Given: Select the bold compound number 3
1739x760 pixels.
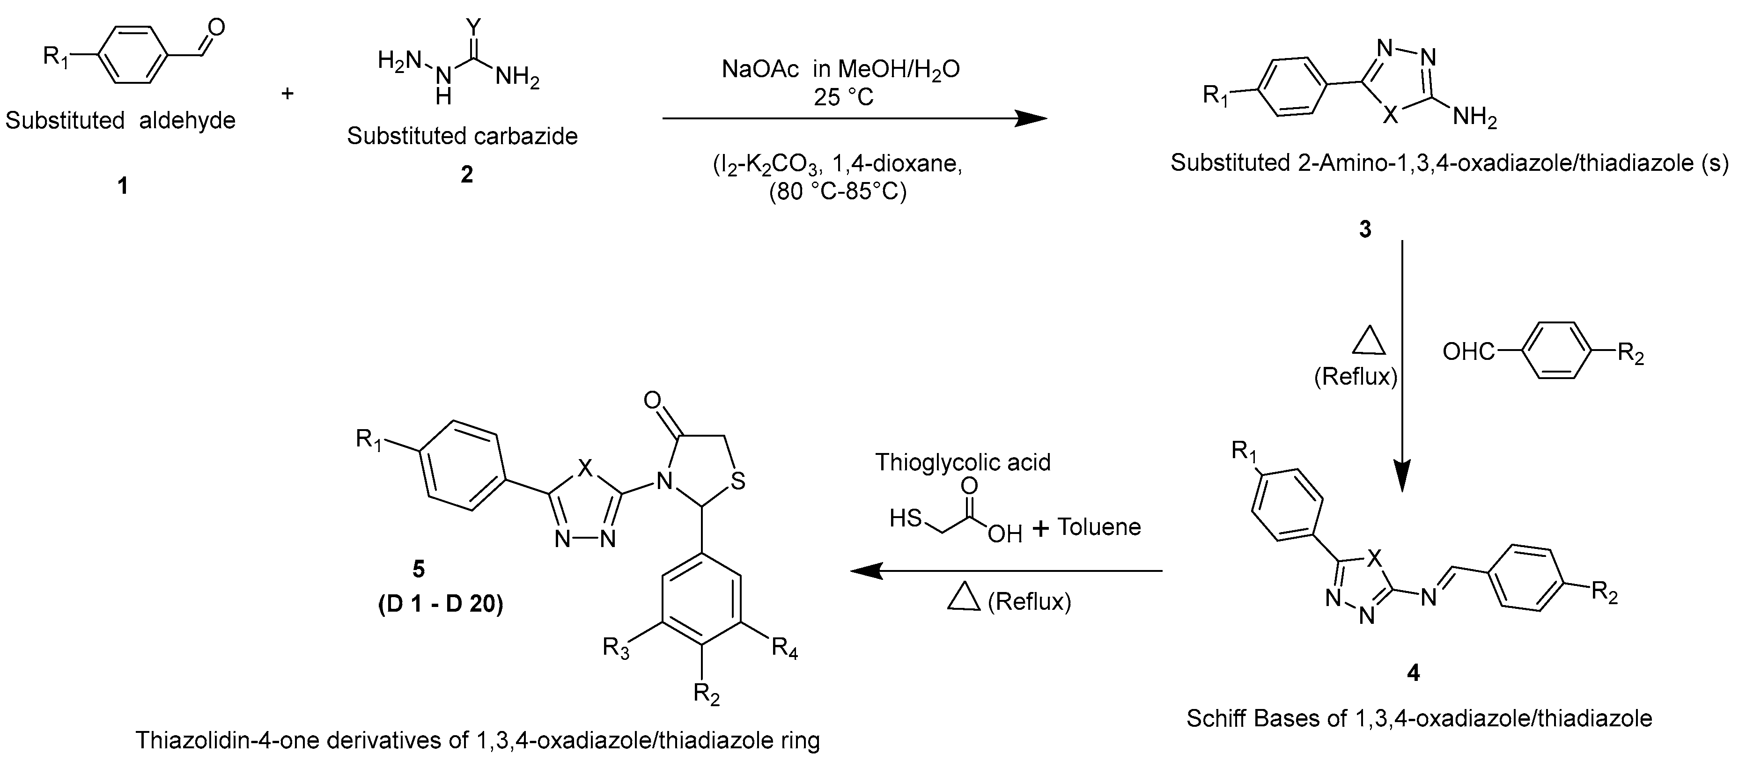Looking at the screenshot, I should point(1365,229).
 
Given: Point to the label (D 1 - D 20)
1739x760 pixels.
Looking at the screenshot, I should point(440,603).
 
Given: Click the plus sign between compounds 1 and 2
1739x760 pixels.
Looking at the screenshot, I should point(287,93).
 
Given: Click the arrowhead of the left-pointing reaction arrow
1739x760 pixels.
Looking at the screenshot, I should point(866,571).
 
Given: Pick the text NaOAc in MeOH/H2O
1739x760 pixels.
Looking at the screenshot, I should point(840,70).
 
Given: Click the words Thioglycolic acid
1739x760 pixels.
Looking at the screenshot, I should point(963,462).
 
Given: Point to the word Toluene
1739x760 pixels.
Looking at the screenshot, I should point(1099,526).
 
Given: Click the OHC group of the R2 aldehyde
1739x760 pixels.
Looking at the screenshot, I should point(1468,351).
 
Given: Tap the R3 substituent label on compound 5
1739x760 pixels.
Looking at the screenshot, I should point(616,649).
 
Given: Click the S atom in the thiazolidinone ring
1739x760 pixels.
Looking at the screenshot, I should point(738,482).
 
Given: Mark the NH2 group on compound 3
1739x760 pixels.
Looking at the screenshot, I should point(1474,119).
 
